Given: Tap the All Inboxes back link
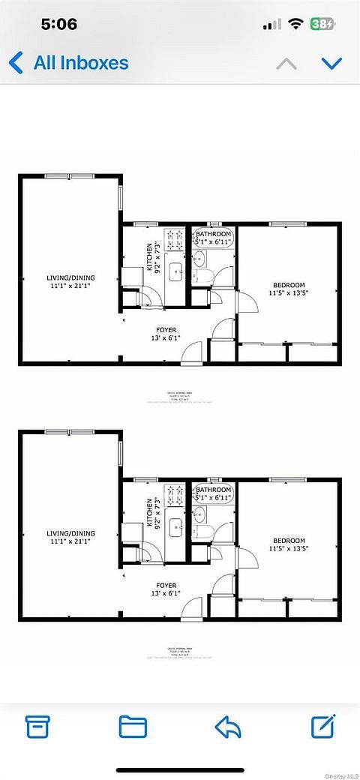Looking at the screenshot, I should [69, 63].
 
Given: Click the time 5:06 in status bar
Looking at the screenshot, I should [59, 24].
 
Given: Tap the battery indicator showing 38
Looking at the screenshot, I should [323, 24].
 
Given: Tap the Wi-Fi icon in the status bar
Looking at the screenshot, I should [295, 24].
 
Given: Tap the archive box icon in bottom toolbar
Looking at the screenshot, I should [37, 726].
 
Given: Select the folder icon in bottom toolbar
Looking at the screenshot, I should [133, 726].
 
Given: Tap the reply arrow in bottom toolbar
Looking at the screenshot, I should [227, 726].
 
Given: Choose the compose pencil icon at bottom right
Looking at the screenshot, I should [322, 725].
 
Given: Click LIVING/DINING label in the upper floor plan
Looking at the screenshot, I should [70, 278].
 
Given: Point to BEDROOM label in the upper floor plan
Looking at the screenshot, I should [289, 285].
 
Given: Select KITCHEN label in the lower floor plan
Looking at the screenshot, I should [151, 514].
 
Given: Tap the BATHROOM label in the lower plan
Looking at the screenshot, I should [214, 488].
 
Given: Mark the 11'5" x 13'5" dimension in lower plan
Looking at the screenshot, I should [289, 549].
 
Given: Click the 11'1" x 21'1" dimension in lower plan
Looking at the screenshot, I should [70, 542].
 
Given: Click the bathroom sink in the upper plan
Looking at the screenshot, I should [199, 259].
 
